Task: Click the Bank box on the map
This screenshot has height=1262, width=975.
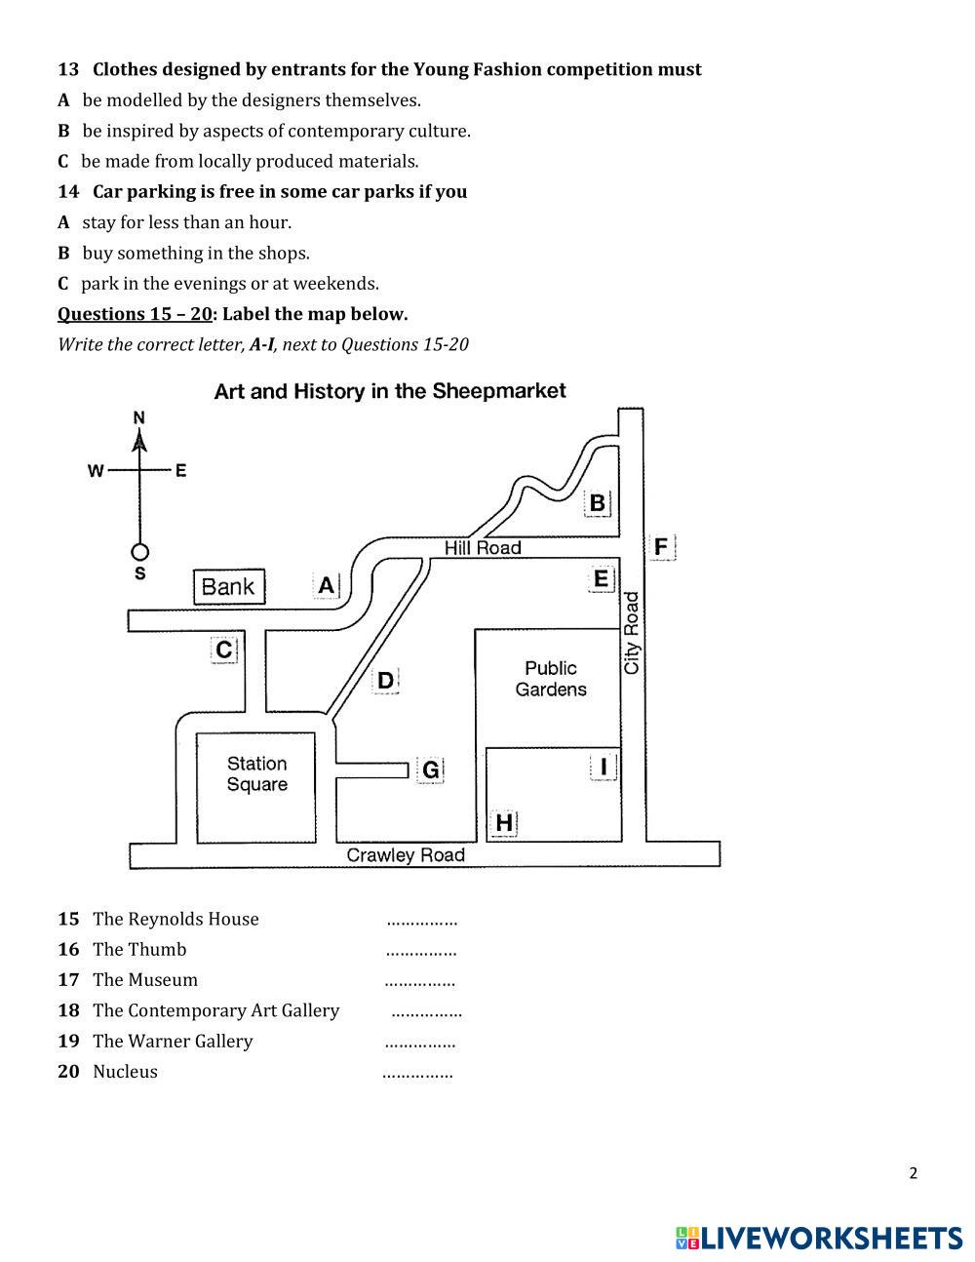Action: point(229,586)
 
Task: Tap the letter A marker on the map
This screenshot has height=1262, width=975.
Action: point(326,585)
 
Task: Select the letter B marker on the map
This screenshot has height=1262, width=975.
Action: point(597,503)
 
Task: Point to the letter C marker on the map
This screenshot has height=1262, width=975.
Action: point(224,651)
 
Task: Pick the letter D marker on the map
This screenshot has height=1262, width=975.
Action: point(385,681)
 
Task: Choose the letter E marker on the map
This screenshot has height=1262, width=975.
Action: point(601,579)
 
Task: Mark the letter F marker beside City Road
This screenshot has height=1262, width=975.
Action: point(661,547)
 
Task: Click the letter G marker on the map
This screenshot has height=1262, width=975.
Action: point(430,770)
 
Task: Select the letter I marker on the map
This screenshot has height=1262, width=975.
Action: point(604,768)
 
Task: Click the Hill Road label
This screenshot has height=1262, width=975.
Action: point(483,548)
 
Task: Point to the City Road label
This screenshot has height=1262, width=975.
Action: point(632,633)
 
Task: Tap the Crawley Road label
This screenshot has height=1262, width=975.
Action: point(406,855)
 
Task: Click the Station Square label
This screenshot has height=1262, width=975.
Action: point(257,774)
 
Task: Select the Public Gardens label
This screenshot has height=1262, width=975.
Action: point(551,679)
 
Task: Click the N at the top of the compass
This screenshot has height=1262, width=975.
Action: point(139,418)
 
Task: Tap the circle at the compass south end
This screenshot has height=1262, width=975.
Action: point(139,552)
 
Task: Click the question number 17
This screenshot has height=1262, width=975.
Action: point(68,980)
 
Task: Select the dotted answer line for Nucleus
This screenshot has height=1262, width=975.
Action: point(417,1073)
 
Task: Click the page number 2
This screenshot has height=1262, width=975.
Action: point(913,1173)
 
